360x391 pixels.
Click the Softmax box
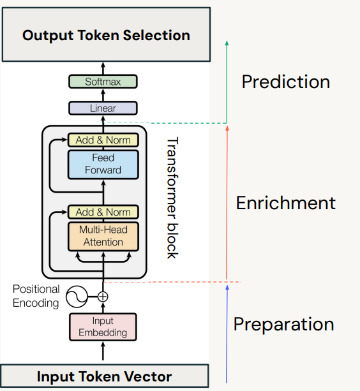(x=103, y=82)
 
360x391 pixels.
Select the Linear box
(x=103, y=108)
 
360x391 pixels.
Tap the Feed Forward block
(x=103, y=165)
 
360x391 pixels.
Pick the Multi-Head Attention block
(x=103, y=237)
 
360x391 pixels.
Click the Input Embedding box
(x=103, y=327)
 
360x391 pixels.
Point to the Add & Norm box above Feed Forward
(x=103, y=140)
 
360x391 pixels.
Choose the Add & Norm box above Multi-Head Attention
(x=103, y=212)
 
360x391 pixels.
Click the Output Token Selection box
(x=107, y=34)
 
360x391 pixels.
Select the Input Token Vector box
(x=105, y=376)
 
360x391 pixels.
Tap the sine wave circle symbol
(x=77, y=297)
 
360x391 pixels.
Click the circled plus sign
(x=103, y=297)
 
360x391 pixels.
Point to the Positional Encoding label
(x=36, y=296)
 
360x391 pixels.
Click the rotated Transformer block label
(x=172, y=198)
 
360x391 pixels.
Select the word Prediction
(x=286, y=82)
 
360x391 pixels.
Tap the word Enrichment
(x=286, y=203)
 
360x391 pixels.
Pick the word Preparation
(x=283, y=324)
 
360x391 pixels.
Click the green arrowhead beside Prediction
(x=227, y=43)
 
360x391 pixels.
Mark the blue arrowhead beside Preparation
(x=227, y=287)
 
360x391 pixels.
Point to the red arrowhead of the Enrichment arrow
(x=227, y=128)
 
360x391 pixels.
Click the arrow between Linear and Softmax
(x=103, y=95)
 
